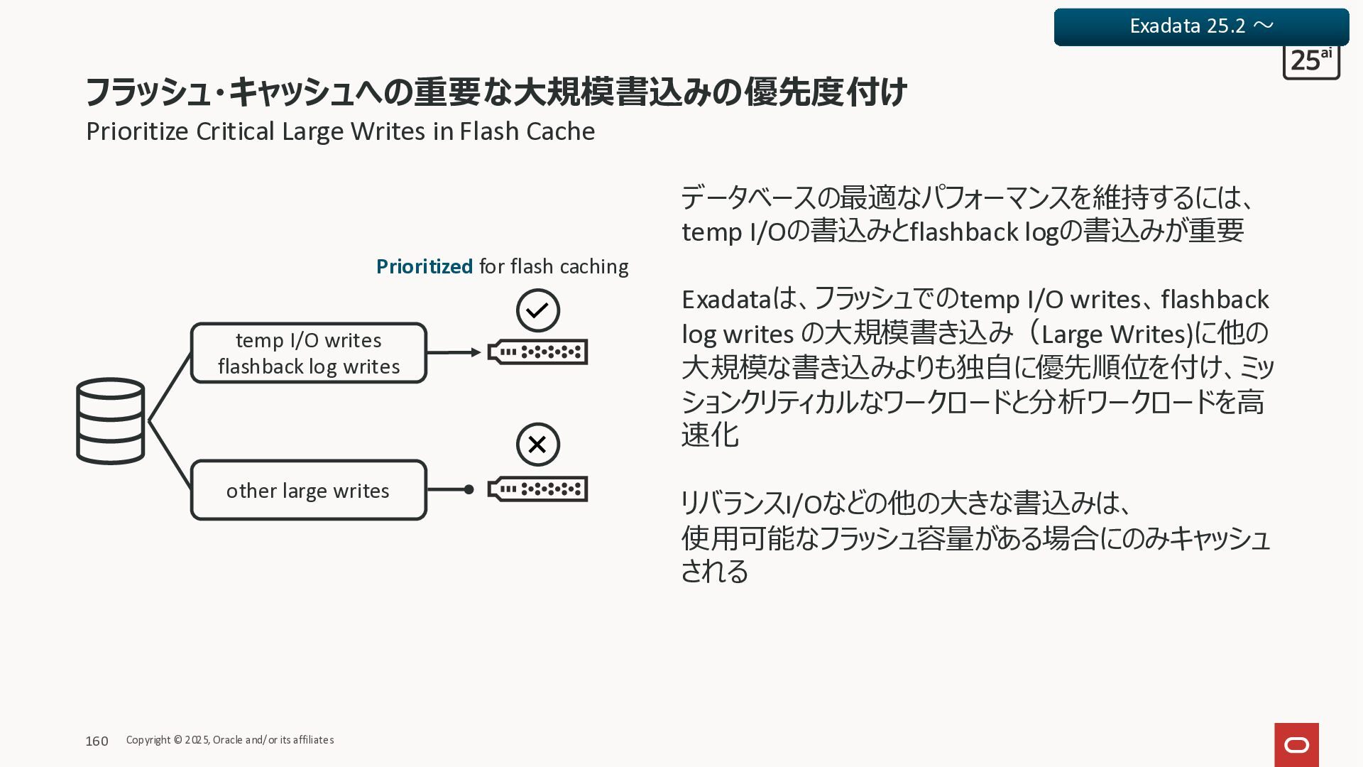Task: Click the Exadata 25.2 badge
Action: pos(1201,26)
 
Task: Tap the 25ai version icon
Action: pos(1310,62)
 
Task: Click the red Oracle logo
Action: pos(1296,744)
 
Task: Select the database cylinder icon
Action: pos(110,421)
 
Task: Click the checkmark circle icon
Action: pos(537,310)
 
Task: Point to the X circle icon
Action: pos(537,445)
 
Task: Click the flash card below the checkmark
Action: pos(537,352)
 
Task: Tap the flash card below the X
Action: pos(537,489)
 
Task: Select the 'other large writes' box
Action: pos(308,490)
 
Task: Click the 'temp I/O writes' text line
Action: pos(308,340)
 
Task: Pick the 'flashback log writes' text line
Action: pos(308,366)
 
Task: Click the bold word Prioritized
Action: pos(424,266)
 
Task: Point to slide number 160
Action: pos(97,741)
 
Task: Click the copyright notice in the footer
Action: pos(229,740)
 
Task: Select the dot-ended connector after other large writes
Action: pos(451,489)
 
